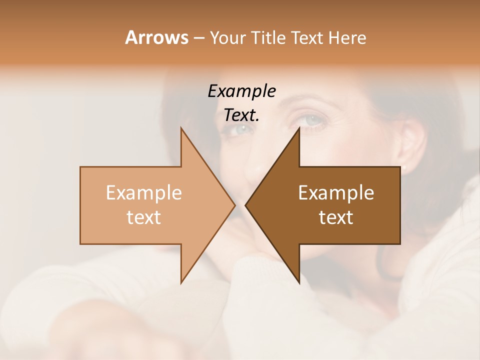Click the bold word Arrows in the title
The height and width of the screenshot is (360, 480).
click(x=156, y=37)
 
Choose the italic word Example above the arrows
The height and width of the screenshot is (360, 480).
click(x=241, y=91)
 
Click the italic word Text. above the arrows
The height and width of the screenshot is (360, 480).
click(x=241, y=115)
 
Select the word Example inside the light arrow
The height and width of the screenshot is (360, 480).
click(x=144, y=193)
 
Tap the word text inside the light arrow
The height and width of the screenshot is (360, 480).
click(x=144, y=217)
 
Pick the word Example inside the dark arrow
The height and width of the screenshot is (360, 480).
click(x=336, y=193)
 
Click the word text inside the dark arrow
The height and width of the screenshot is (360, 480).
click(x=336, y=217)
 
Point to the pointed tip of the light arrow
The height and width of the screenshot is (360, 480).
click(x=235, y=205)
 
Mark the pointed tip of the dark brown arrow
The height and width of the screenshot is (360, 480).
click(x=245, y=205)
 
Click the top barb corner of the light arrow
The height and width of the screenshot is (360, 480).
click(x=181, y=128)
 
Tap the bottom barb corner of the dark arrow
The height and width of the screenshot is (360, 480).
click(x=299, y=283)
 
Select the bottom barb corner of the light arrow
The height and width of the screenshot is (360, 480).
click(x=181, y=283)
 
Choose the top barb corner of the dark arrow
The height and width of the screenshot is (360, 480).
click(x=299, y=128)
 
